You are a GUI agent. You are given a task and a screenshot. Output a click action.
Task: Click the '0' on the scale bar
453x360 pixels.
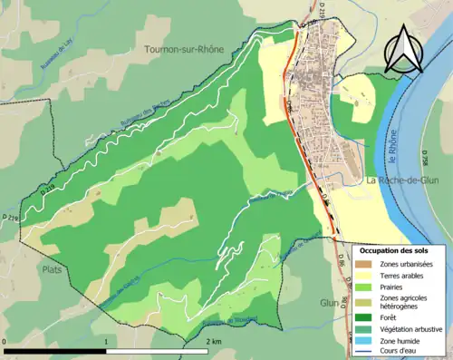click(5, 341)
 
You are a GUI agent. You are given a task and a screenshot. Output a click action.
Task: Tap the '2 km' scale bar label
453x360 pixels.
click(214, 341)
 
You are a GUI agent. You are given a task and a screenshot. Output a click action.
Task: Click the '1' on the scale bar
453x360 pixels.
click(107, 341)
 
